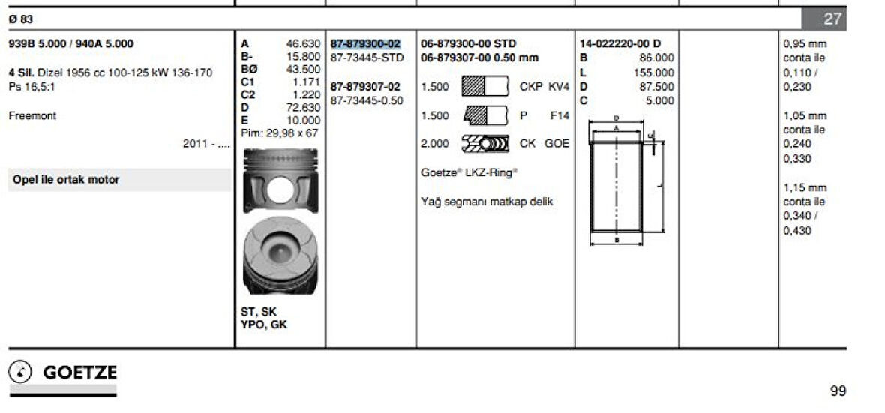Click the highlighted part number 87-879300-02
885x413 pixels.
[x=366, y=44]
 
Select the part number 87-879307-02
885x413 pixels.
[x=366, y=87]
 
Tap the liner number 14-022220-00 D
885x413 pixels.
[x=619, y=44]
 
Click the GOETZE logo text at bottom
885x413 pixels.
[x=80, y=373]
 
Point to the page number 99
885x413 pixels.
[x=838, y=391]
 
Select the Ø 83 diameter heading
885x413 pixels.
[x=21, y=19]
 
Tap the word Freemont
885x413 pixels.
[x=32, y=116]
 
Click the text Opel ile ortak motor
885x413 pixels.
[x=66, y=180]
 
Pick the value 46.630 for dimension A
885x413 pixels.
[x=303, y=44]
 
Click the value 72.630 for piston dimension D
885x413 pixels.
[x=303, y=108]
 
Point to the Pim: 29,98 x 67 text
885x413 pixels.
[x=280, y=133]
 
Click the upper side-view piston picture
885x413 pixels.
[x=280, y=180]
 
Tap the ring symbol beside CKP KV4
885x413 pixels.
[x=484, y=87]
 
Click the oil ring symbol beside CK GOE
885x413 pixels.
[x=484, y=143]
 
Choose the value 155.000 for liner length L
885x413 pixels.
[x=654, y=73]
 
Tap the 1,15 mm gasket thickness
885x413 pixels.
[x=805, y=188]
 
